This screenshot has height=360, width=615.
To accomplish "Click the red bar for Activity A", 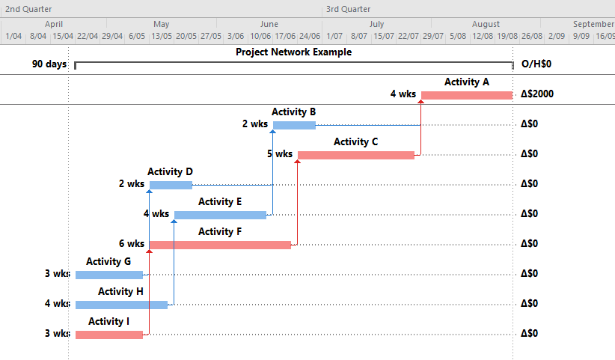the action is click(x=467, y=95).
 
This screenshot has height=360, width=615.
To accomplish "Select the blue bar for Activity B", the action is click(x=294, y=125).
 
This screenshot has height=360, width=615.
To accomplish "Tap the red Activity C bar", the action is click(x=356, y=155).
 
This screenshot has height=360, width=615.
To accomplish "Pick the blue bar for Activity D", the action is click(x=171, y=185).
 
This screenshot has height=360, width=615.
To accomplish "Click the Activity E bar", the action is click(x=220, y=215).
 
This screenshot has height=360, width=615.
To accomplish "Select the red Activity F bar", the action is click(x=220, y=245).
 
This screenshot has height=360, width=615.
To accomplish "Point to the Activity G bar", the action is click(x=109, y=275).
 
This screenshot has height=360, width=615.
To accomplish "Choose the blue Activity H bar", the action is click(x=122, y=305).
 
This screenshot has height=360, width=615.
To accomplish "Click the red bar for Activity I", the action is click(x=109, y=335).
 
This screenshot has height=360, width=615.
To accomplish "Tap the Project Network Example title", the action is click(x=294, y=52).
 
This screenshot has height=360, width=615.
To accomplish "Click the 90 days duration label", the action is click(x=49, y=64).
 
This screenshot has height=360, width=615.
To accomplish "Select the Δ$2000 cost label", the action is click(x=537, y=94).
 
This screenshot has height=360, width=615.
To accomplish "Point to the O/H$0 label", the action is click(x=536, y=64).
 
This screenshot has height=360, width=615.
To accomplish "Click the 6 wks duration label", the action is click(x=132, y=243).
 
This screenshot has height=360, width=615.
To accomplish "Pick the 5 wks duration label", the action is click(x=280, y=153).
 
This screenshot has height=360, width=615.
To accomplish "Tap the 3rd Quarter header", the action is click(x=349, y=9).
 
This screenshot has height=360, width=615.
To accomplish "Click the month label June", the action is click(x=269, y=24).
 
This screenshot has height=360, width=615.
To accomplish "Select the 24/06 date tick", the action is click(x=310, y=36).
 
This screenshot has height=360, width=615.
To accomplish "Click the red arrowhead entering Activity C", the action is click(x=297, y=161).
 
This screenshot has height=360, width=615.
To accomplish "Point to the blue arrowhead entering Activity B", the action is click(x=272, y=132).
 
